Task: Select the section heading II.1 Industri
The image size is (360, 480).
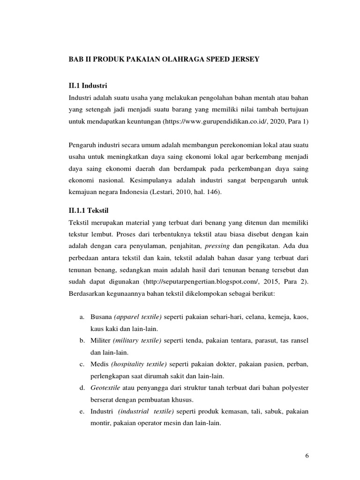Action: point(88,86)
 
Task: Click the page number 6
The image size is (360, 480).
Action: point(307,455)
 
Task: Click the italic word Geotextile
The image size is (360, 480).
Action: point(106,388)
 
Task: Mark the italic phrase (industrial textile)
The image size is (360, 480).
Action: point(146,412)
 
